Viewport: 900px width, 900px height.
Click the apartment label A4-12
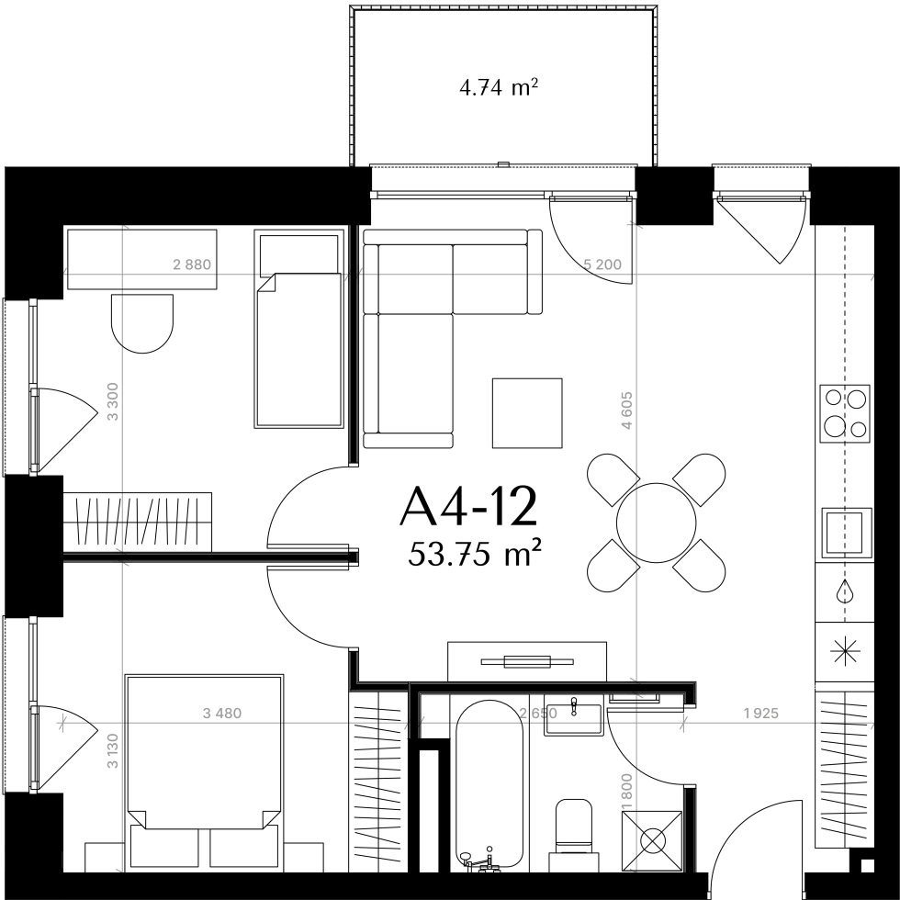[468, 506]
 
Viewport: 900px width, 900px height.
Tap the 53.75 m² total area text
[476, 555]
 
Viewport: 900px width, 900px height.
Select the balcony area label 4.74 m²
[498, 88]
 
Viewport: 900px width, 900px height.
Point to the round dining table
[656, 523]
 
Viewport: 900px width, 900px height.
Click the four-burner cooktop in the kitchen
[845, 413]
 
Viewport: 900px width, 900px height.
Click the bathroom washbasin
[574, 718]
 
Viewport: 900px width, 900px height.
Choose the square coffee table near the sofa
[527, 412]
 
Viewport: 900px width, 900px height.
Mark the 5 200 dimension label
[602, 264]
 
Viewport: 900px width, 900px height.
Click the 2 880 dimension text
[192, 264]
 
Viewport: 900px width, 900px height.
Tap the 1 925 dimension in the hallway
[760, 714]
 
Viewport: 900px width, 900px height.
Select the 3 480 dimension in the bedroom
[222, 714]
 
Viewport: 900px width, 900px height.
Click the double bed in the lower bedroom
[204, 771]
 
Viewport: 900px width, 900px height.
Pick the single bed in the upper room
[299, 329]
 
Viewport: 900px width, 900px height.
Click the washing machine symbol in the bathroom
[652, 841]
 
